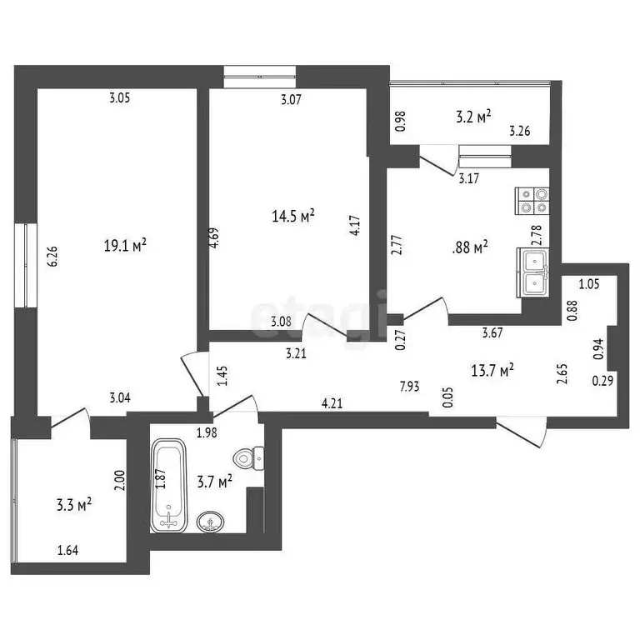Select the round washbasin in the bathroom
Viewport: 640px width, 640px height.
tap(211, 523)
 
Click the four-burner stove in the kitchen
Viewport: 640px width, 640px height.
tap(533, 200)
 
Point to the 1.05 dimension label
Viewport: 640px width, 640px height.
tap(589, 284)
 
